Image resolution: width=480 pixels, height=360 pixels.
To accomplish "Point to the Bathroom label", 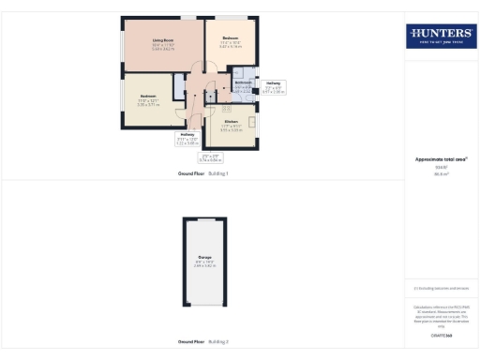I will [x=243, y=84].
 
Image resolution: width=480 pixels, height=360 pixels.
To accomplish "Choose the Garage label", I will [x=204, y=260].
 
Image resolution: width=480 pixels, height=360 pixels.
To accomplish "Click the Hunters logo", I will [x=441, y=36].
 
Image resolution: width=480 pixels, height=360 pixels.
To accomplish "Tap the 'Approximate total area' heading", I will [x=441, y=158].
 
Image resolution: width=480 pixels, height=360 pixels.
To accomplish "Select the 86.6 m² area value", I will [x=441, y=173].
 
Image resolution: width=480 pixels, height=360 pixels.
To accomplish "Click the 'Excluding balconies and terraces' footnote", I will [x=441, y=289].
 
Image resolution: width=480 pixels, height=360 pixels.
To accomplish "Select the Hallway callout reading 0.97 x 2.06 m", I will [x=273, y=88].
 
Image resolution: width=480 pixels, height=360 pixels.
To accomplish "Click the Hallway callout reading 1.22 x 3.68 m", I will [x=190, y=141].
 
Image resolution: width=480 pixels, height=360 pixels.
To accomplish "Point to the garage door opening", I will [x=204, y=221].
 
